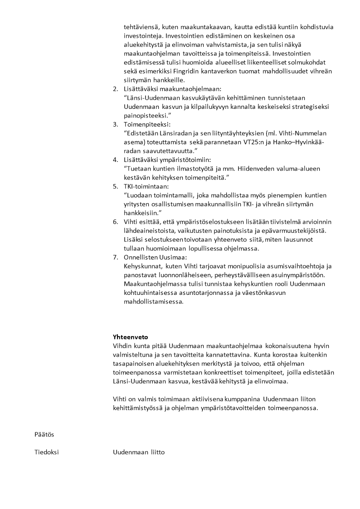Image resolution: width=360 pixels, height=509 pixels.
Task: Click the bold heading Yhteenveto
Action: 130,337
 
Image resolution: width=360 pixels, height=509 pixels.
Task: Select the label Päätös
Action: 44,434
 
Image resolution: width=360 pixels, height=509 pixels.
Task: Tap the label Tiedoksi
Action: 47,452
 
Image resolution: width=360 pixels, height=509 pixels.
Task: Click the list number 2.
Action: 115,89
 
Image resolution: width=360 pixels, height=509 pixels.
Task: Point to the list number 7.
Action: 115,257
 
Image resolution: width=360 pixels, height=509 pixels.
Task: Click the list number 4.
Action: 115,160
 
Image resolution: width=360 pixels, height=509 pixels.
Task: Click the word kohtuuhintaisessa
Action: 153,293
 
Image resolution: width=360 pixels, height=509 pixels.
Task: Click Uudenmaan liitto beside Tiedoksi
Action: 139,452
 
